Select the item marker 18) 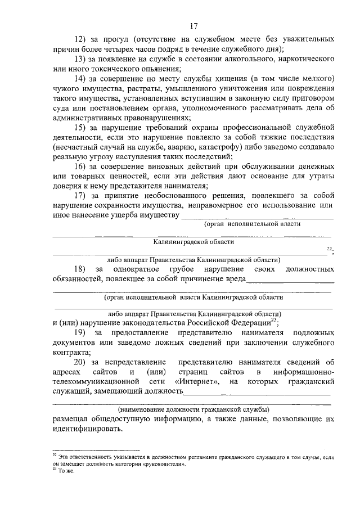coord(83,270)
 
